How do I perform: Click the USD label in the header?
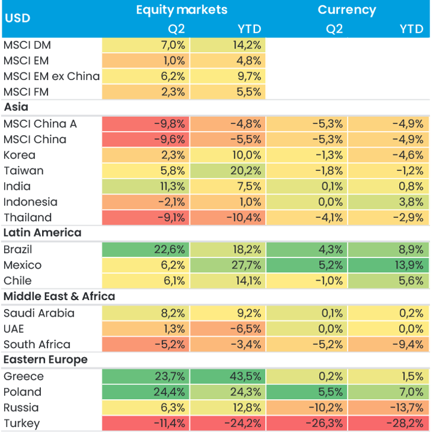click(17, 18)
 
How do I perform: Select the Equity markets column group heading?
click(181, 9)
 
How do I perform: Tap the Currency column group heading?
click(346, 9)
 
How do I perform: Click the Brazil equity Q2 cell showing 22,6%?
click(145, 249)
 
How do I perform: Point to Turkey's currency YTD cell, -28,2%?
click(389, 423)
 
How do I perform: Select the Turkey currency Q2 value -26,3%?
click(307, 423)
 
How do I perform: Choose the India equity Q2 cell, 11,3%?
click(145, 186)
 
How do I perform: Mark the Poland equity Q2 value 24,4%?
click(145, 391)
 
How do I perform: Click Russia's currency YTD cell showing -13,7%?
click(389, 407)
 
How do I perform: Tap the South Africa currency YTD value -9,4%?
click(389, 344)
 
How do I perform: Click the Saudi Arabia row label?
click(39, 313)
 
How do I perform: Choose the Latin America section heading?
click(42, 233)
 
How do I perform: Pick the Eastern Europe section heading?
click(46, 359)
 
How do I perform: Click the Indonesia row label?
click(30, 202)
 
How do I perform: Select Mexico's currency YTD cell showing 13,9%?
click(389, 265)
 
